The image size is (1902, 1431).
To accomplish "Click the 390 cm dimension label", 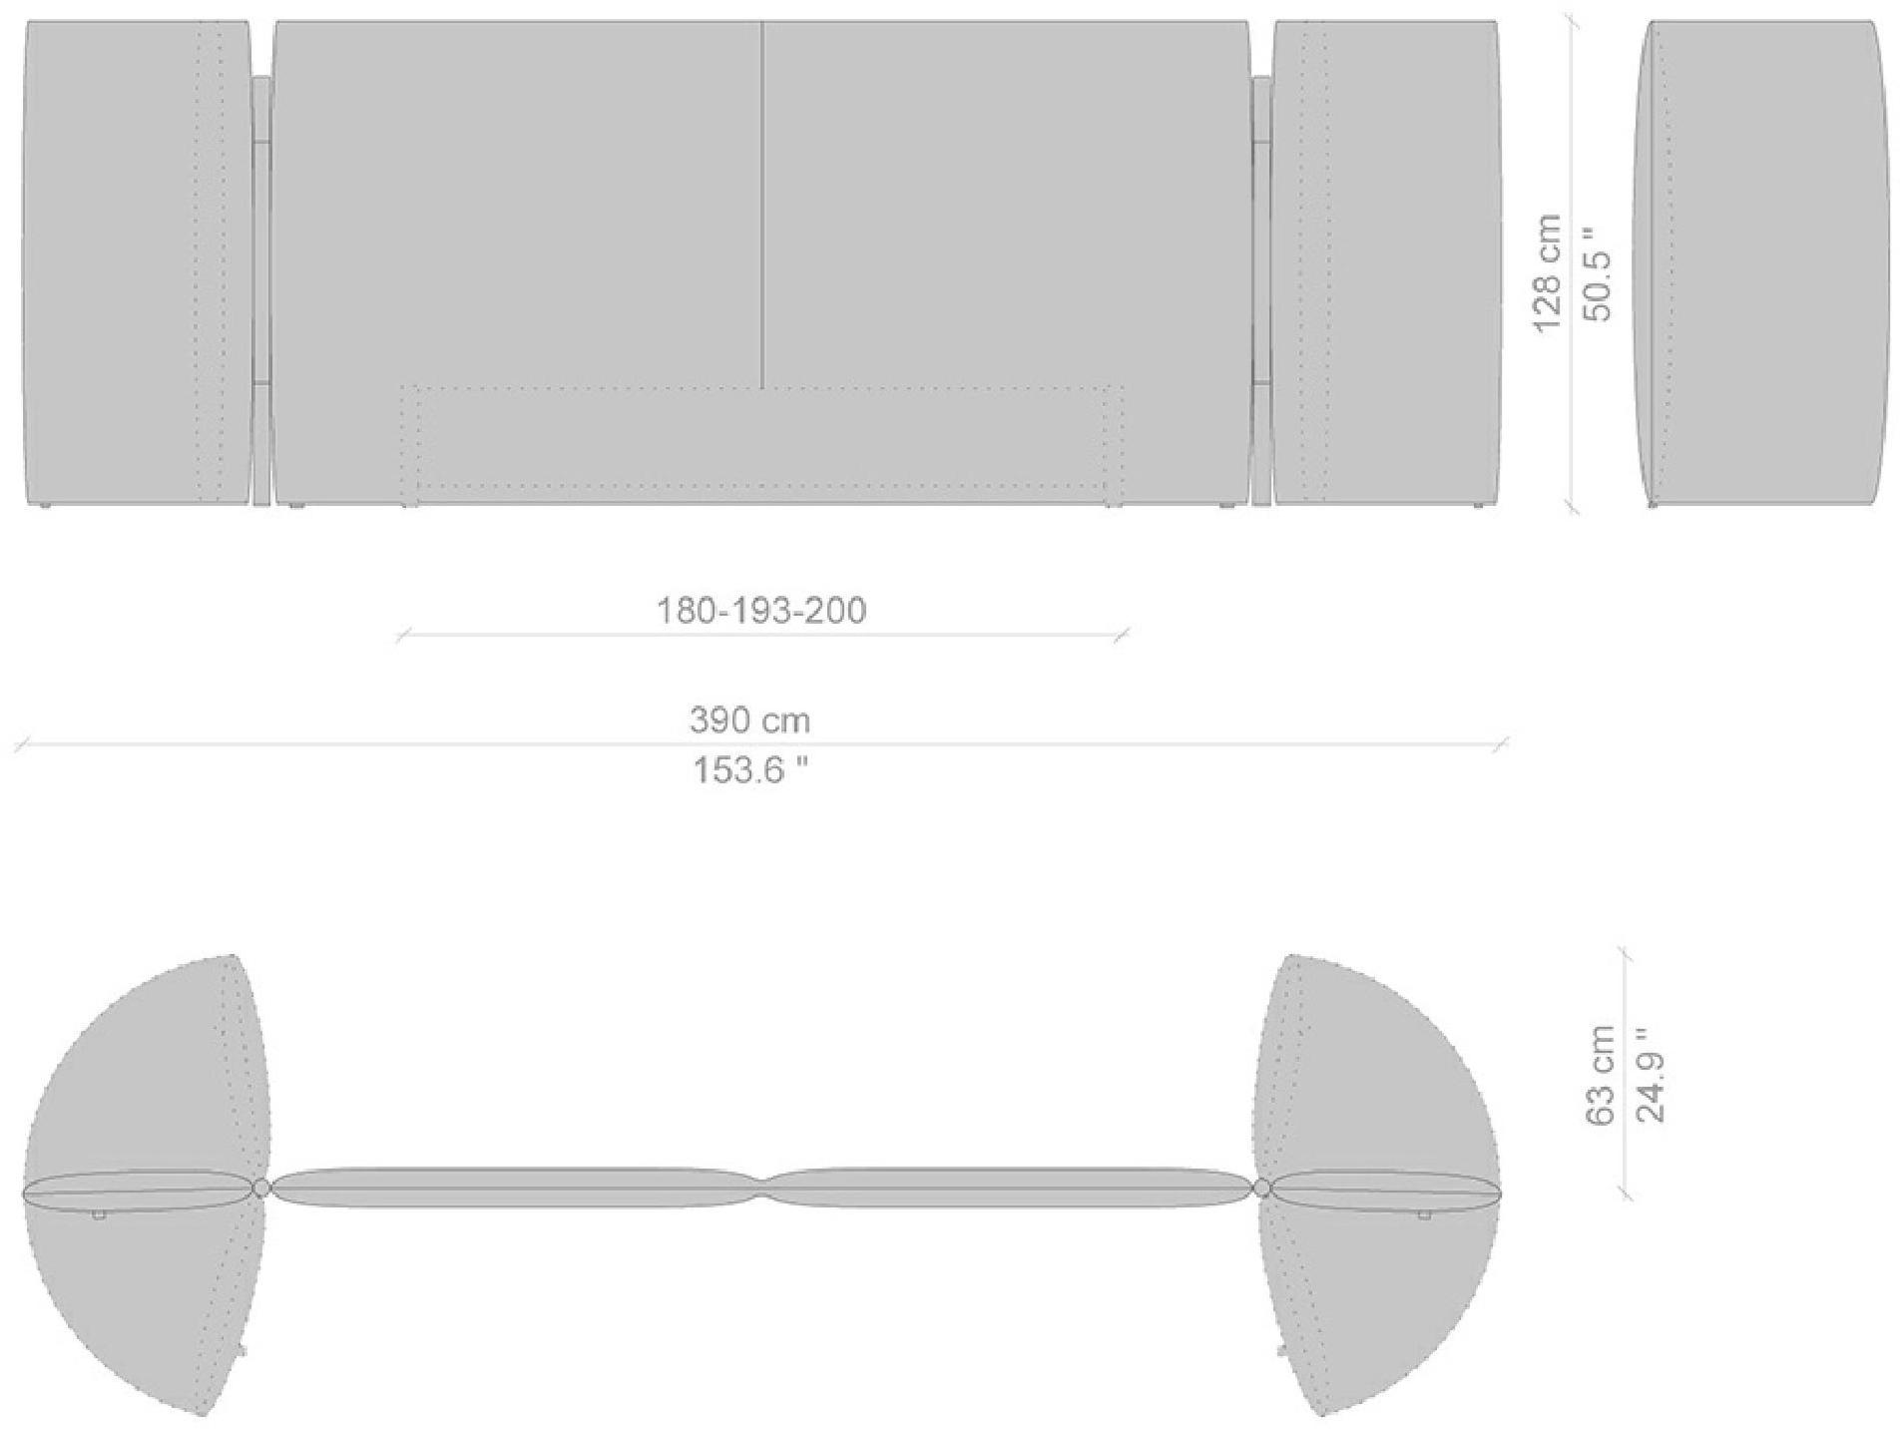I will click(749, 719).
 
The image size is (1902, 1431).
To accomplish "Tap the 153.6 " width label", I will click(749, 770).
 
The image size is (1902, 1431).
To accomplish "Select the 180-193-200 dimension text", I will click(760, 610).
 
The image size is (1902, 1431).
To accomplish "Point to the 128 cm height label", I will click(1546, 273).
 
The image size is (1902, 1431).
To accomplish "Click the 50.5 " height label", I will click(1597, 273).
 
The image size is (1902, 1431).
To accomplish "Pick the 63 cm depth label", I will click(1599, 1075).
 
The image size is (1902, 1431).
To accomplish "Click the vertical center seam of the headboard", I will click(762, 200).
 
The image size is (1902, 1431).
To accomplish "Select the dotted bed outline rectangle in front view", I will click(762, 444).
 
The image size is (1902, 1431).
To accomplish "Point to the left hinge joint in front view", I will click(261, 289).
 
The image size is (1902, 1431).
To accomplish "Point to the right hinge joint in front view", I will click(1261, 289).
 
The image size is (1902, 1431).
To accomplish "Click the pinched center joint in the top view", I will click(762, 1188).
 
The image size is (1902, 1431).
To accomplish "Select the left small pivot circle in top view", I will click(261, 1188).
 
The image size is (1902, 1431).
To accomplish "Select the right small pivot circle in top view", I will click(1262, 1188).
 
